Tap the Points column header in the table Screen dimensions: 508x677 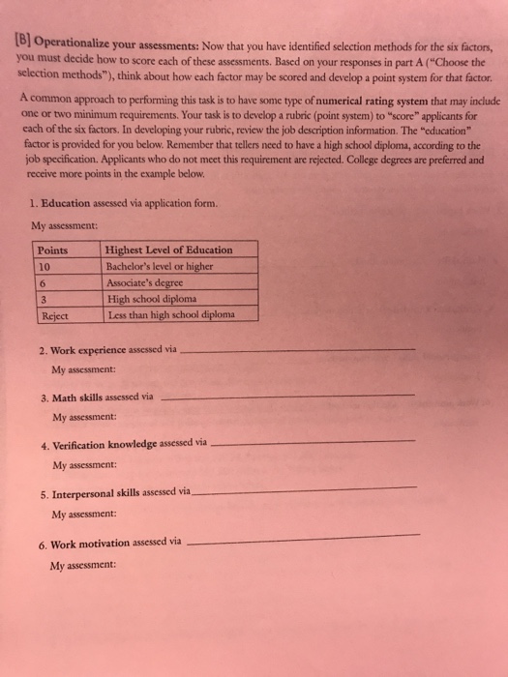click(53, 250)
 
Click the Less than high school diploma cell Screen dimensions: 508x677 click(167, 314)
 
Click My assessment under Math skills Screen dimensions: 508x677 click(85, 417)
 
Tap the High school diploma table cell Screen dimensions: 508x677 click(156, 299)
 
